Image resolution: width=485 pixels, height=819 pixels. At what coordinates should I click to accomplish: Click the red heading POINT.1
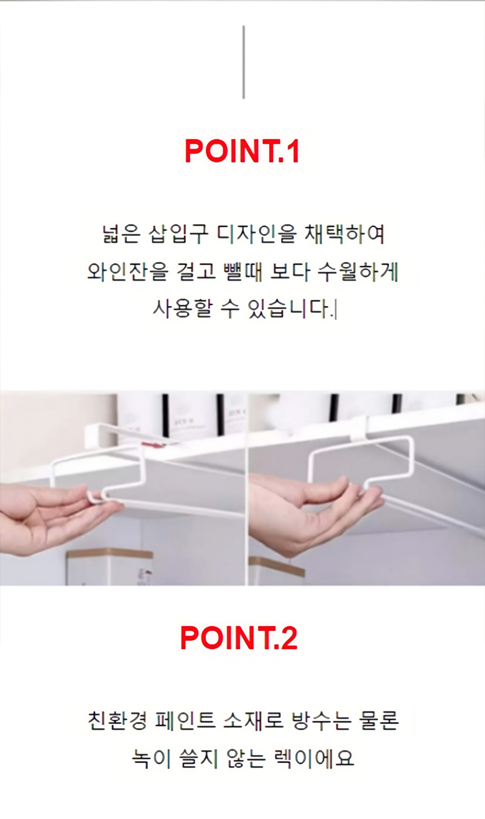(x=242, y=151)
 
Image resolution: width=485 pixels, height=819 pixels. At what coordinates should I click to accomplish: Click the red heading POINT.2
(x=239, y=638)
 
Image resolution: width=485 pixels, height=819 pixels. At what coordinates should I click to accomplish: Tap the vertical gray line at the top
(x=244, y=62)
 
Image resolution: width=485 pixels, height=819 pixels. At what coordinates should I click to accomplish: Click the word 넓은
(x=121, y=233)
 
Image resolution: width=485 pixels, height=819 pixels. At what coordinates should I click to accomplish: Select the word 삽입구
(x=178, y=233)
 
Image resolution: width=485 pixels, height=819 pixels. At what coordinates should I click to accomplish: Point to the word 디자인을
(x=256, y=233)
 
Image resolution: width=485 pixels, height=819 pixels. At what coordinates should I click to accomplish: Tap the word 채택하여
(x=344, y=233)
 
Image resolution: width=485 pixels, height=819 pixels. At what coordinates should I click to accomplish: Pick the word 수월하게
(x=358, y=272)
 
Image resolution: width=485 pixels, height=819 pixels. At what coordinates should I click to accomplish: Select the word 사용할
(x=182, y=309)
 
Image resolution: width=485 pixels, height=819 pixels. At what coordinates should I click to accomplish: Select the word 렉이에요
(x=314, y=759)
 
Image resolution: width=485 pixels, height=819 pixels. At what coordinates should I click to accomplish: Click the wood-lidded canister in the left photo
(x=109, y=567)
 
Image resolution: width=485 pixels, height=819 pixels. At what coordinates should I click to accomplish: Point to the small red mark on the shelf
(x=151, y=444)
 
